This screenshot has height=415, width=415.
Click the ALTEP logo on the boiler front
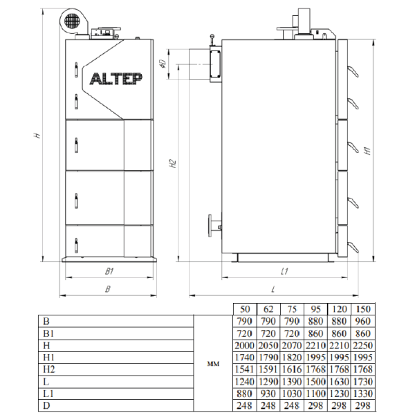[x=116, y=79]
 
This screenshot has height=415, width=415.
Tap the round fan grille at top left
[x=72, y=20]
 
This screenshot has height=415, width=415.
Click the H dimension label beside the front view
[x=37, y=136]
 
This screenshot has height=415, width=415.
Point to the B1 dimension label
[x=109, y=271]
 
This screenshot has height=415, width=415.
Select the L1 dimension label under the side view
[x=284, y=271]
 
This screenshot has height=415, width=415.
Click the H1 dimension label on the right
[x=368, y=151]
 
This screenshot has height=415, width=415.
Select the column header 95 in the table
[x=315, y=309]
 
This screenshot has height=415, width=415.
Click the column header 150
[x=363, y=309]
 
